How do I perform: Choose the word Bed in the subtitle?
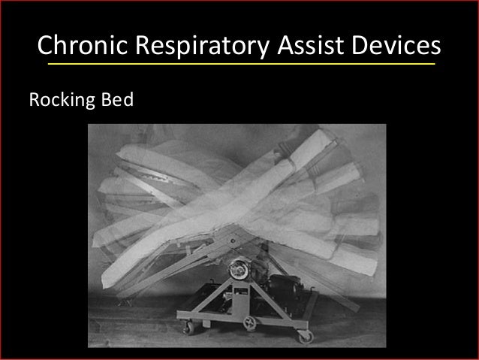[116, 99]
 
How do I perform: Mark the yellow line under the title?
[240, 65]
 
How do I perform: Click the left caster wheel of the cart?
[189, 327]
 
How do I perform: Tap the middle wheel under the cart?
[249, 323]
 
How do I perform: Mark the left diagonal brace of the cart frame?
[210, 292]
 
